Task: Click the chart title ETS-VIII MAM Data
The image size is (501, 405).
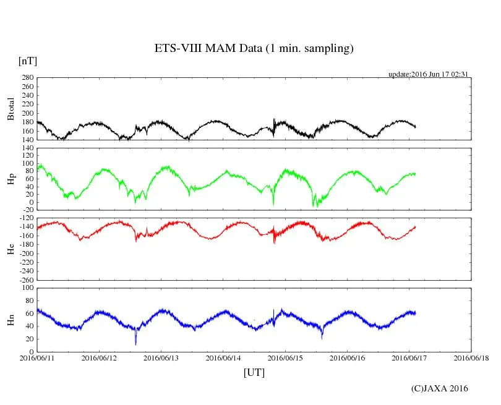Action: point(254,49)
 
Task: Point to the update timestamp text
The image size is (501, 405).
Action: point(427,74)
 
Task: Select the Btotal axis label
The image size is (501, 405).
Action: point(11,109)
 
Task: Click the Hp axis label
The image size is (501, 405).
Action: point(11,179)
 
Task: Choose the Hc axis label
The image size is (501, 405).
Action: point(11,249)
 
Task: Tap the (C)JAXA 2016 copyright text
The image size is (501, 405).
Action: point(440,388)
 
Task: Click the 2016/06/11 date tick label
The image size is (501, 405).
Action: point(37,357)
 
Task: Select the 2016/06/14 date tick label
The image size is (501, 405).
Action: point(223,357)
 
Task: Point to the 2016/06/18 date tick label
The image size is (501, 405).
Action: point(471,357)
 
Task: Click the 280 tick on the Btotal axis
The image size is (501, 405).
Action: point(27,78)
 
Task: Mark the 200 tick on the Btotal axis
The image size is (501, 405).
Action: point(27,113)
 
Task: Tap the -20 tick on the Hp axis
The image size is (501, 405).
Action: point(27,211)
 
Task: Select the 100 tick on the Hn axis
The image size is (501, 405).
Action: point(27,288)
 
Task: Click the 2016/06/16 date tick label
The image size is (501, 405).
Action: point(347,357)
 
